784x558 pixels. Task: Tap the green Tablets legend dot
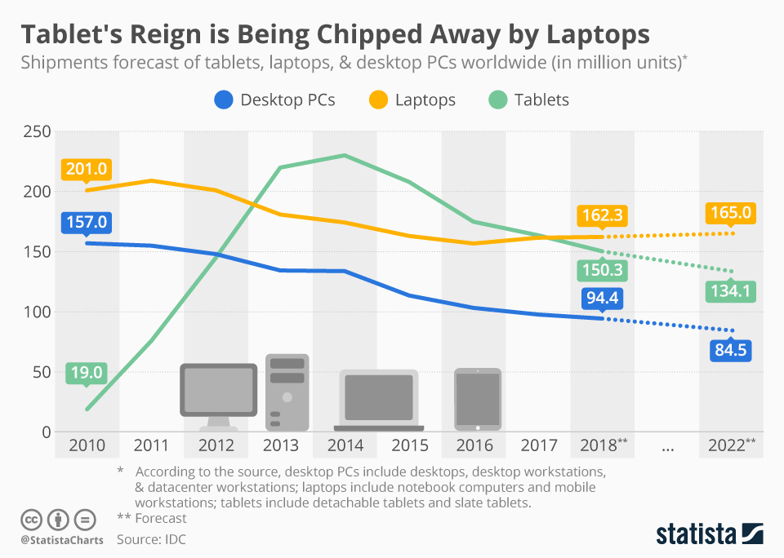pos(496,100)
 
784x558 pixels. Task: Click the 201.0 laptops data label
pos(86,170)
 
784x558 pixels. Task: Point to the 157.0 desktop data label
pos(86,222)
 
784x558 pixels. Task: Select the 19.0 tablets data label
pos(86,374)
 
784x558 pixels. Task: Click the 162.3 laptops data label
pos(602,216)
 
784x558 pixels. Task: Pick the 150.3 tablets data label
pos(602,269)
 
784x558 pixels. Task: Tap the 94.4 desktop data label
pos(602,299)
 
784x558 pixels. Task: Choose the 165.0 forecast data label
pos(731,215)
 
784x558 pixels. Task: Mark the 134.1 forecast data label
pos(731,290)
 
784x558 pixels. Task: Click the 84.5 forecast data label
pos(731,350)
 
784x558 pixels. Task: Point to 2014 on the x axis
pos(345,445)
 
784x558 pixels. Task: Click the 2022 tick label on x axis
pos(727,445)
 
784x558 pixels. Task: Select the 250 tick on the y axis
pos(37,132)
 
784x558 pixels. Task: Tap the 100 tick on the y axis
pos(37,312)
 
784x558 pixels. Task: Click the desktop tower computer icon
pos(287,392)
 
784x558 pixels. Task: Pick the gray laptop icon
pos(379,400)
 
